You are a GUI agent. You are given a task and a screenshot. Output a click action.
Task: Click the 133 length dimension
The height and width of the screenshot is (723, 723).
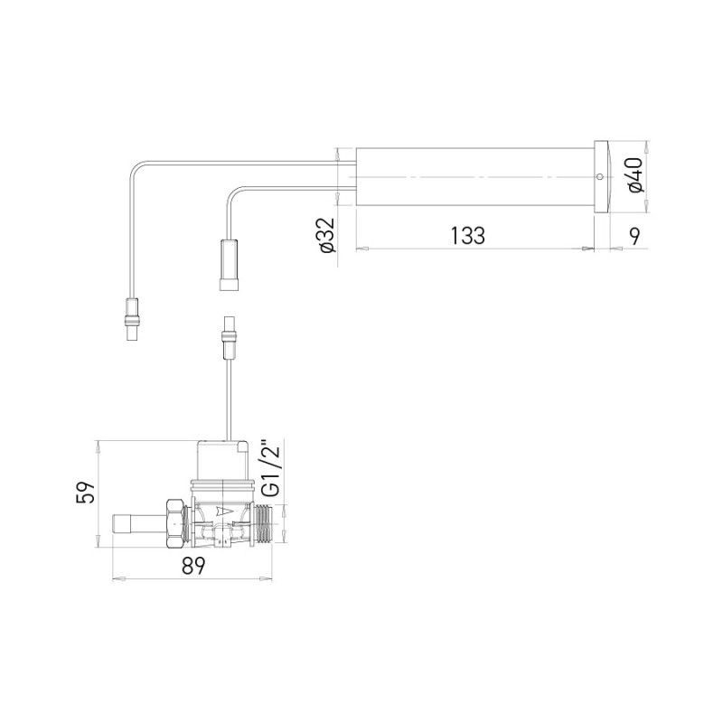coord(466,235)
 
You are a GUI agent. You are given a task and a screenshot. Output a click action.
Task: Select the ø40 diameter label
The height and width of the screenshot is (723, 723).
coord(634,175)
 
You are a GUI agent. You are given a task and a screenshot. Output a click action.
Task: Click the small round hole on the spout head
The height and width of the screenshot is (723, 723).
coord(599,177)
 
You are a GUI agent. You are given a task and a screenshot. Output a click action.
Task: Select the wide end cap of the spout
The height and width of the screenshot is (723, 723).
coord(602,176)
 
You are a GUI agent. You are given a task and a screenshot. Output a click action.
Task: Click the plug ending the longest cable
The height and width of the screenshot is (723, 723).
coord(133,321)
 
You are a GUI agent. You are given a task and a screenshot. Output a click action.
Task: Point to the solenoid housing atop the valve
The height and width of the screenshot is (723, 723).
coord(222,458)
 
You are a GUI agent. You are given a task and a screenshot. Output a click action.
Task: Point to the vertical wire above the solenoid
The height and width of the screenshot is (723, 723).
coord(227,393)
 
